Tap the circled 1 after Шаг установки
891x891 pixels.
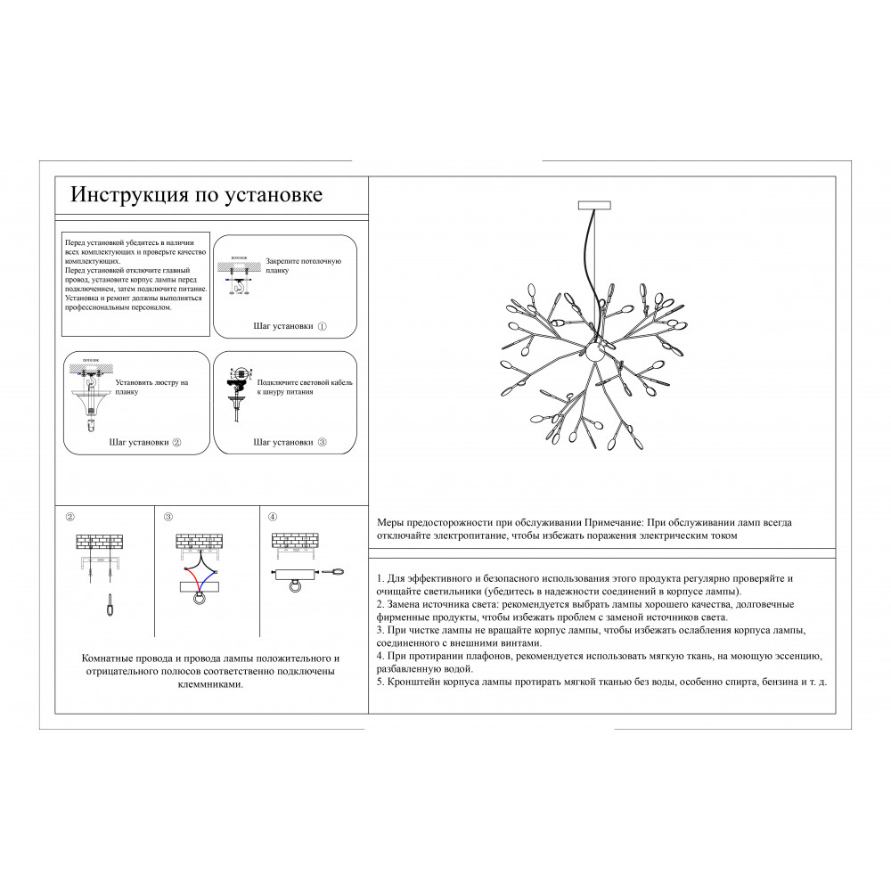coord(323,327)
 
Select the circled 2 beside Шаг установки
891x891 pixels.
coord(176,442)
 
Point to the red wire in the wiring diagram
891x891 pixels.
coord(189,571)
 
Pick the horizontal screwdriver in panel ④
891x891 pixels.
coord(335,571)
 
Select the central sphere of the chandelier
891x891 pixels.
coord(594,354)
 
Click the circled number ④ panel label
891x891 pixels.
coord(273,516)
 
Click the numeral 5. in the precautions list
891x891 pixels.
coord(380,682)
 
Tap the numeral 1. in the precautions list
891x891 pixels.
coord(380,578)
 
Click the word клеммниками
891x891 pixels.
coord(212,684)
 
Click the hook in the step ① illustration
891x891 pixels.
coord(238,282)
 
